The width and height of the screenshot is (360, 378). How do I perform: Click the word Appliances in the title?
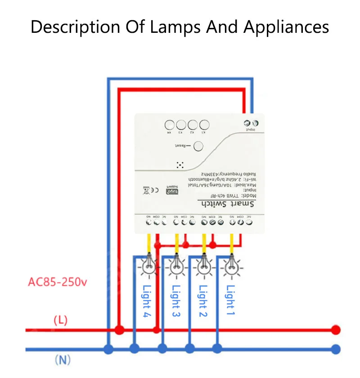click(x=287, y=27)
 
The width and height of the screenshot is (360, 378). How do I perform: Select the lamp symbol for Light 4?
click(x=148, y=266)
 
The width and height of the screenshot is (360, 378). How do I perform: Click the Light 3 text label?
click(x=176, y=301)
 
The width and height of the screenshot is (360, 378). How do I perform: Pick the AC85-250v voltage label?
click(x=58, y=282)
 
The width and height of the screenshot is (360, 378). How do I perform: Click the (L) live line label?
click(x=60, y=320)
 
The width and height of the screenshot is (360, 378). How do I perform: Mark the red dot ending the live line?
click(x=335, y=330)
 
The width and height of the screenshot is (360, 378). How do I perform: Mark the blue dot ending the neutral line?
click(x=335, y=349)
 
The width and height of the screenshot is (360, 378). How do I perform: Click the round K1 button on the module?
click(x=204, y=125)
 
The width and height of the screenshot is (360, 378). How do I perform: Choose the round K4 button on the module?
click(x=170, y=125)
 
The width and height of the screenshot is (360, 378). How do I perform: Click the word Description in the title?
click(x=75, y=27)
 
